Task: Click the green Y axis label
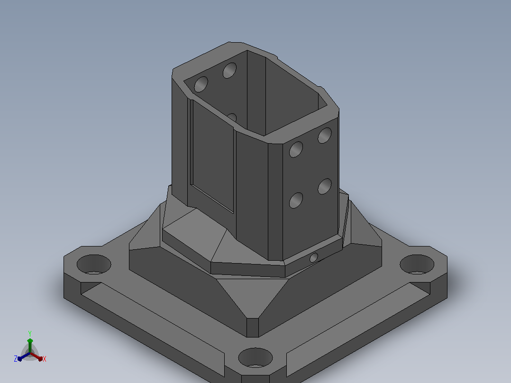tap(30, 333)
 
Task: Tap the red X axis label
tap(45, 359)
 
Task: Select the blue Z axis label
tap(16, 359)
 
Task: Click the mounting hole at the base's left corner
tap(94, 264)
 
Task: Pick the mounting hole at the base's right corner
tap(417, 264)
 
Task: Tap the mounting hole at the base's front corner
tap(255, 357)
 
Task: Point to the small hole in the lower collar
tap(314, 258)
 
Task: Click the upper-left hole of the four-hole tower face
tap(296, 150)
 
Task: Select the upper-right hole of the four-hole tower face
tap(325, 135)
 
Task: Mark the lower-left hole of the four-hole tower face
tap(296, 200)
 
